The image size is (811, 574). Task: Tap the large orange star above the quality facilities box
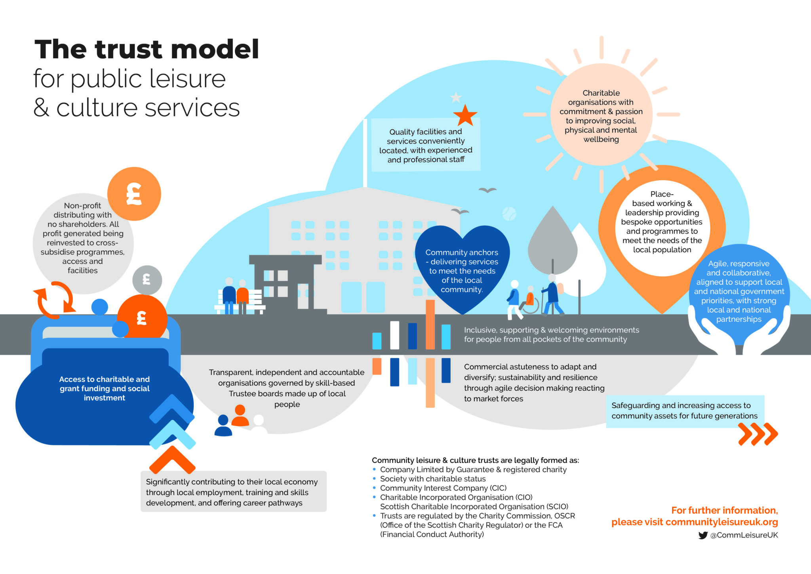465,115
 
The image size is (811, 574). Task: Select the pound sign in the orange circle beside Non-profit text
134,194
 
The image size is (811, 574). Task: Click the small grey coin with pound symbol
147,280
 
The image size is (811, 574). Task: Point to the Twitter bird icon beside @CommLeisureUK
703,535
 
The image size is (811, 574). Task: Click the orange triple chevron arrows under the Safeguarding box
758,434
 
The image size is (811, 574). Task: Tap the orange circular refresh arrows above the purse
55,300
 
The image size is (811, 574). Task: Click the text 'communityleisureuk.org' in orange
722,522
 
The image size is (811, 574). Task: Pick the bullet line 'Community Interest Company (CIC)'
443,488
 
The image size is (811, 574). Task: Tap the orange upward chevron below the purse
172,460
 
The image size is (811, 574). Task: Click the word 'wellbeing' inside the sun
601,140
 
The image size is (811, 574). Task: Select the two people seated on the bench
236,295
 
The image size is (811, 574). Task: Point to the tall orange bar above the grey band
430,324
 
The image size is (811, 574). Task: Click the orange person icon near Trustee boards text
240,415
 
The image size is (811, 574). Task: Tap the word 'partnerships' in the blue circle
739,320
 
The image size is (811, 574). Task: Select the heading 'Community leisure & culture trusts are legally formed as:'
475,460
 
